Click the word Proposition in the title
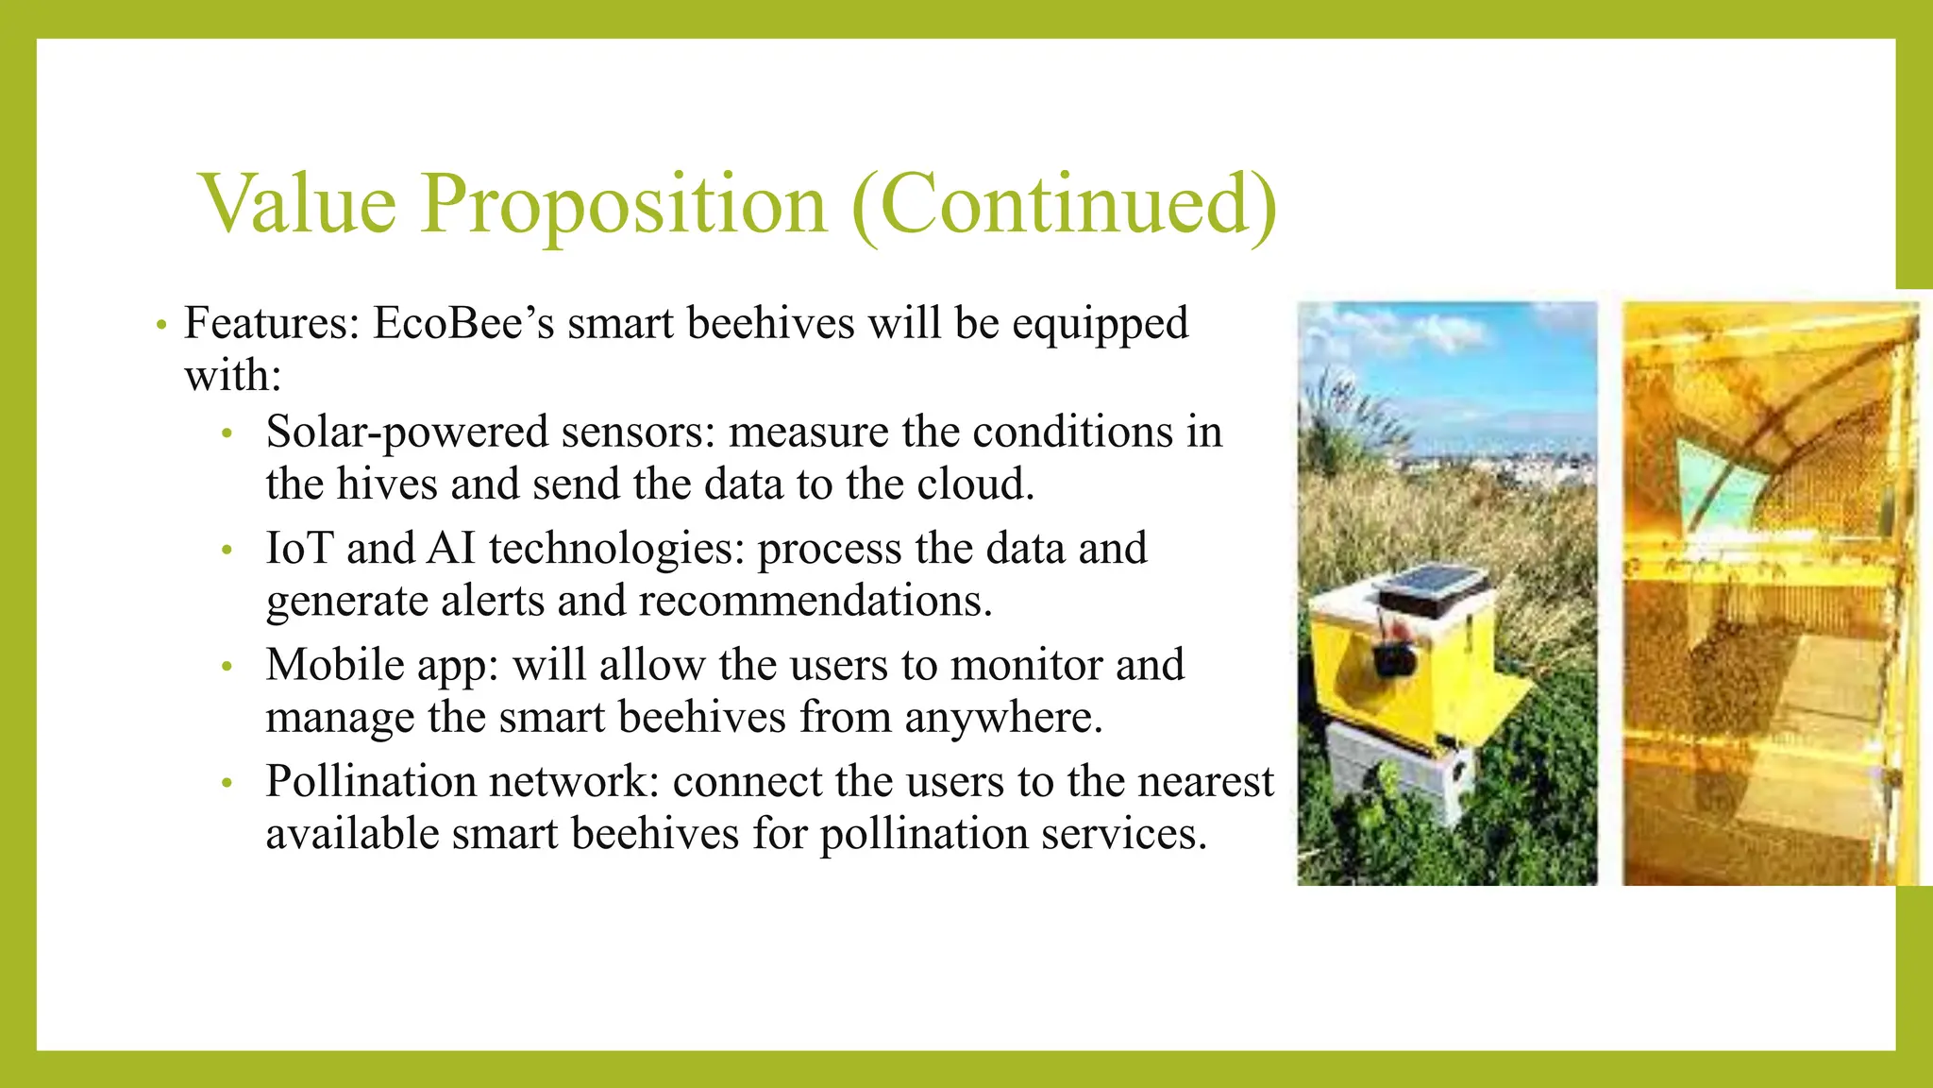623,205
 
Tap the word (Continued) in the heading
1064,205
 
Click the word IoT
299,549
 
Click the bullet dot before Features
162,326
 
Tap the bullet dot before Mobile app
226,667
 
